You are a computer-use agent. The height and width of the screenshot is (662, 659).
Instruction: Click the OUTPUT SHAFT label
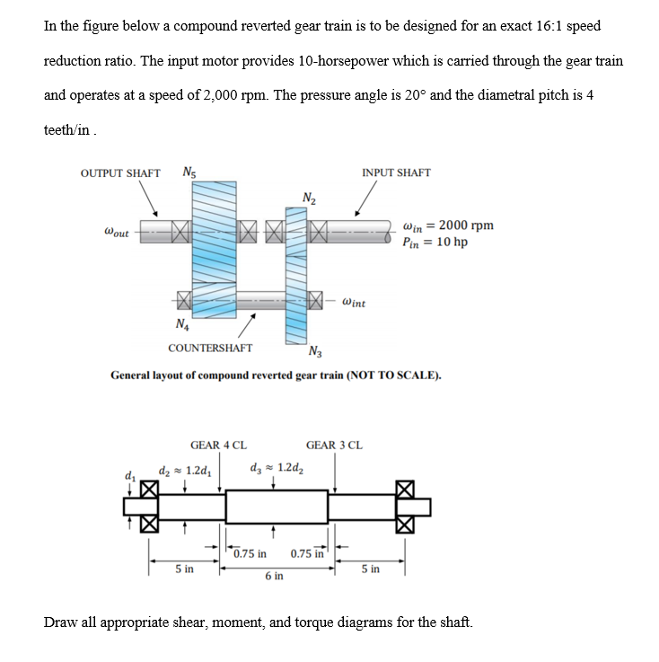coord(120,172)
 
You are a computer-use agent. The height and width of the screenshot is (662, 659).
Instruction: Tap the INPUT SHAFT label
coord(396,172)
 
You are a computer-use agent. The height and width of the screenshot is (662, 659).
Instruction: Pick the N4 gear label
coord(183,324)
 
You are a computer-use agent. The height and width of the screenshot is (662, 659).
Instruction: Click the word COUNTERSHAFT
coord(210,348)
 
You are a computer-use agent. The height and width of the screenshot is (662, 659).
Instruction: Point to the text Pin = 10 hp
coord(435,243)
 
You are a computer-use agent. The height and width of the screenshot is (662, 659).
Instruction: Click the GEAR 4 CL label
coord(219,445)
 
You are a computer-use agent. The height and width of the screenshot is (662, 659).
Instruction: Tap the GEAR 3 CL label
coord(334,445)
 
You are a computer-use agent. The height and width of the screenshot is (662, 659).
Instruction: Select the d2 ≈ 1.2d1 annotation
coord(184,468)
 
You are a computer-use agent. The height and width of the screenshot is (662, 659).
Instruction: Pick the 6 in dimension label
coord(275,576)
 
